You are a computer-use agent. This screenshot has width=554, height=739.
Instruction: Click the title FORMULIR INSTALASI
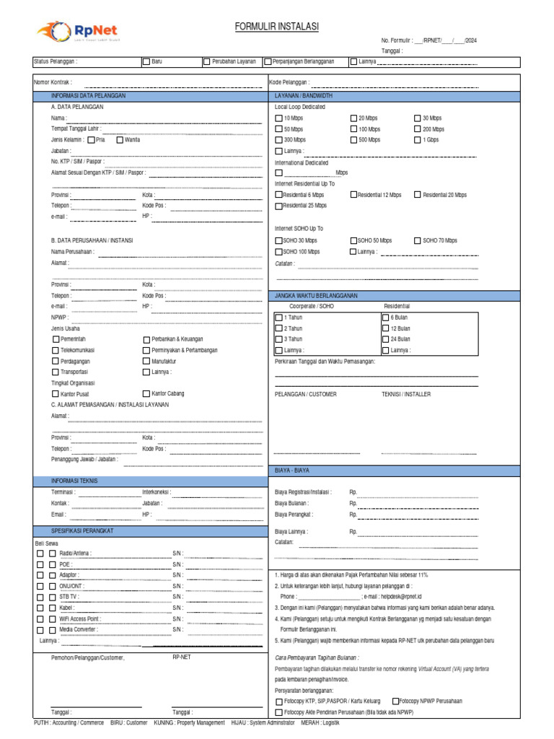pyautogui.click(x=276, y=27)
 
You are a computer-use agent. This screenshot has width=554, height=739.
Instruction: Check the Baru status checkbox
pyautogui.click(x=146, y=62)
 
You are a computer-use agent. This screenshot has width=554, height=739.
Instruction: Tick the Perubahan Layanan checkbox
pyautogui.click(x=207, y=62)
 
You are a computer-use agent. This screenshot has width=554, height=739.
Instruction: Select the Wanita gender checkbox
pyautogui.click(x=120, y=139)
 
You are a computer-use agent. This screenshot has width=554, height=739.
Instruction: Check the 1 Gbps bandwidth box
pyautogui.click(x=418, y=140)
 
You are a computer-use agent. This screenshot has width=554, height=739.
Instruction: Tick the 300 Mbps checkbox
pyautogui.click(x=279, y=140)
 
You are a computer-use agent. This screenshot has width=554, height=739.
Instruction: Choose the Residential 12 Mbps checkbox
pyautogui.click(x=353, y=195)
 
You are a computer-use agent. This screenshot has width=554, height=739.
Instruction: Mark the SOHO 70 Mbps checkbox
pyautogui.click(x=418, y=240)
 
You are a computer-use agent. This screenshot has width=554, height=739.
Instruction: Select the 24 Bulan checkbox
pyautogui.click(x=385, y=339)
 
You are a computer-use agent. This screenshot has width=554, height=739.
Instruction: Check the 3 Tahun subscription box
pyautogui.click(x=279, y=339)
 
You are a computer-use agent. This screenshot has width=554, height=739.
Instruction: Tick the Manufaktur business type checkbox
pyautogui.click(x=146, y=361)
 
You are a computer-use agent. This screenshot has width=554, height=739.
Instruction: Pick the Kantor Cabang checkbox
pyautogui.click(x=146, y=393)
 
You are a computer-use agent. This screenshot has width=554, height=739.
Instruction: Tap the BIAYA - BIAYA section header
pyautogui.click(x=292, y=470)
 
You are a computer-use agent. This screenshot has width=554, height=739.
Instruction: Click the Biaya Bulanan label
pyautogui.click(x=292, y=504)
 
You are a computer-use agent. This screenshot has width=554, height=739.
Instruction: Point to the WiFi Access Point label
pyautogui.click(x=79, y=618)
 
